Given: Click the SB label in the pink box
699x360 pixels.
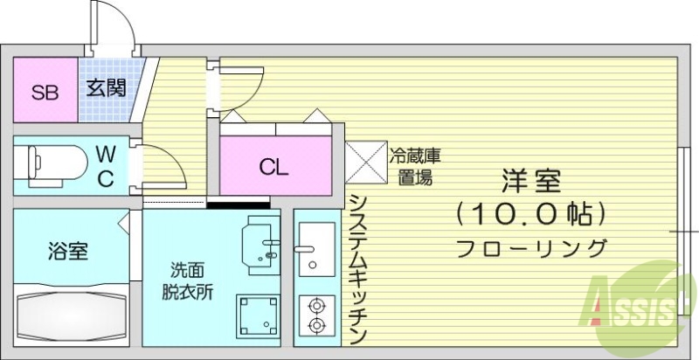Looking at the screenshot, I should tap(45, 92).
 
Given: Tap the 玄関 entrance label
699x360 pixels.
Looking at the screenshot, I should tap(107, 87).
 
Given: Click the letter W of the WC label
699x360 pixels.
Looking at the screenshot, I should tap(105, 154).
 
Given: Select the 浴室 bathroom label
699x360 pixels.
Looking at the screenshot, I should tap(67, 252).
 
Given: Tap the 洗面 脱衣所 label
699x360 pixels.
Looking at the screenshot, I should tap(187, 281).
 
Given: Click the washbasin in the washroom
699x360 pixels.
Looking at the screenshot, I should tap(261, 241).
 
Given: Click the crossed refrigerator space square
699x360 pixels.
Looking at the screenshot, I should tap(365, 161).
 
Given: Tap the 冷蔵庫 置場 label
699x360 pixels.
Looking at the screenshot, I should tap(414, 167).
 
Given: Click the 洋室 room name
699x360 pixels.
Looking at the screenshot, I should tap(531, 181).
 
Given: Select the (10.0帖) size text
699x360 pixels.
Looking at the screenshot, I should tap(530, 212).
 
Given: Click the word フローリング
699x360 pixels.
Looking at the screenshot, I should tap(531, 247).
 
